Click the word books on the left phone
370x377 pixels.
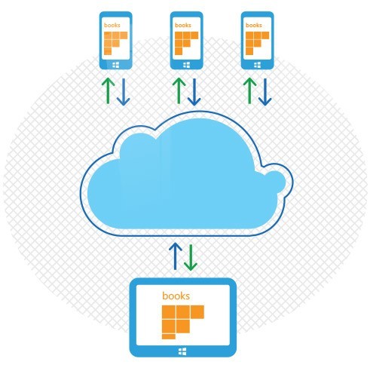tap(112, 25)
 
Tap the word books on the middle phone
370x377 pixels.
tap(183, 25)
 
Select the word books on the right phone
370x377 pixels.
tap(254, 25)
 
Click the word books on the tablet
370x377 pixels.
tap(176, 296)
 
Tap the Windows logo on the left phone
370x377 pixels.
tap(116, 65)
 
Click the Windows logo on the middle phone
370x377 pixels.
tap(187, 65)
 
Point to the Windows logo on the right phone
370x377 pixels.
tap(258, 65)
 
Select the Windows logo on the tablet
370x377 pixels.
tap(182, 351)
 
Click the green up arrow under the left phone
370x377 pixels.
tap(108, 90)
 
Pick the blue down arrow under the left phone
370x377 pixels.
tap(124, 92)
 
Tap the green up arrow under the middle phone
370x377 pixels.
tap(179, 90)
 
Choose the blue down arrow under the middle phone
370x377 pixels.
tap(194, 92)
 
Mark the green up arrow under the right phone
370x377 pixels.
tap(249, 90)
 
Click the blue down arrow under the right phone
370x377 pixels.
tap(265, 92)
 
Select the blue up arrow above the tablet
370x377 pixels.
tap(176, 256)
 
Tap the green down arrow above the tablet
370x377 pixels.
tap(191, 257)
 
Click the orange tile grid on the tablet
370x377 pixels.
tap(183, 322)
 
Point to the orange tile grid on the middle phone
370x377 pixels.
tap(186, 43)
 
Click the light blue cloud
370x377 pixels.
tap(186, 173)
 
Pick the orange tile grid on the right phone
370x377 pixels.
tap(257, 43)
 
